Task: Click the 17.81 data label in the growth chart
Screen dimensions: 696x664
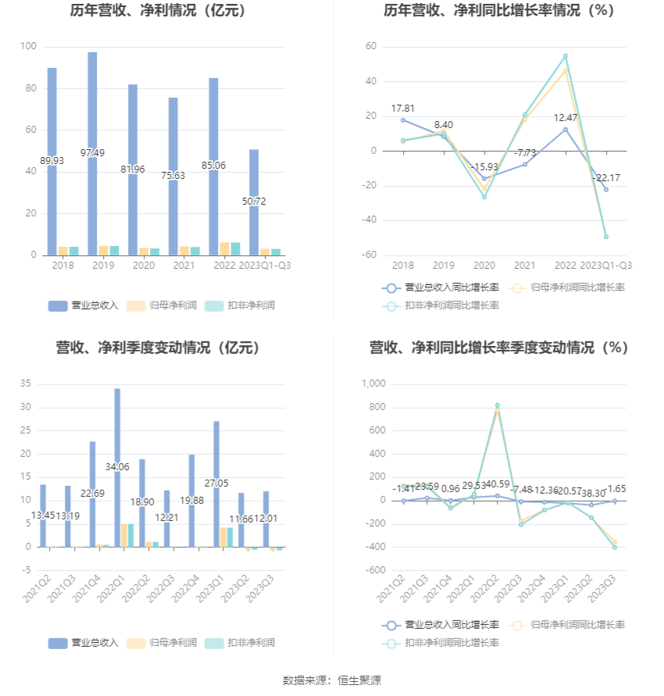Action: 403,109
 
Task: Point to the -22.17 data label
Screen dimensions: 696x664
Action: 606,178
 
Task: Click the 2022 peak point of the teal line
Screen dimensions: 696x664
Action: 565,56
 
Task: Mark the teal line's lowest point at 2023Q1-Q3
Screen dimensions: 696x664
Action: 605,236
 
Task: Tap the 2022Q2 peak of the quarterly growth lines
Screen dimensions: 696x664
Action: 497,406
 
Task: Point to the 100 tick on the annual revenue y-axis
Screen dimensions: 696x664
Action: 29,47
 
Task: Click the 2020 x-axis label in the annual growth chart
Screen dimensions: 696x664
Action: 484,266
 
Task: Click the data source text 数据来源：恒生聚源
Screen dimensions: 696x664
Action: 332,680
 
